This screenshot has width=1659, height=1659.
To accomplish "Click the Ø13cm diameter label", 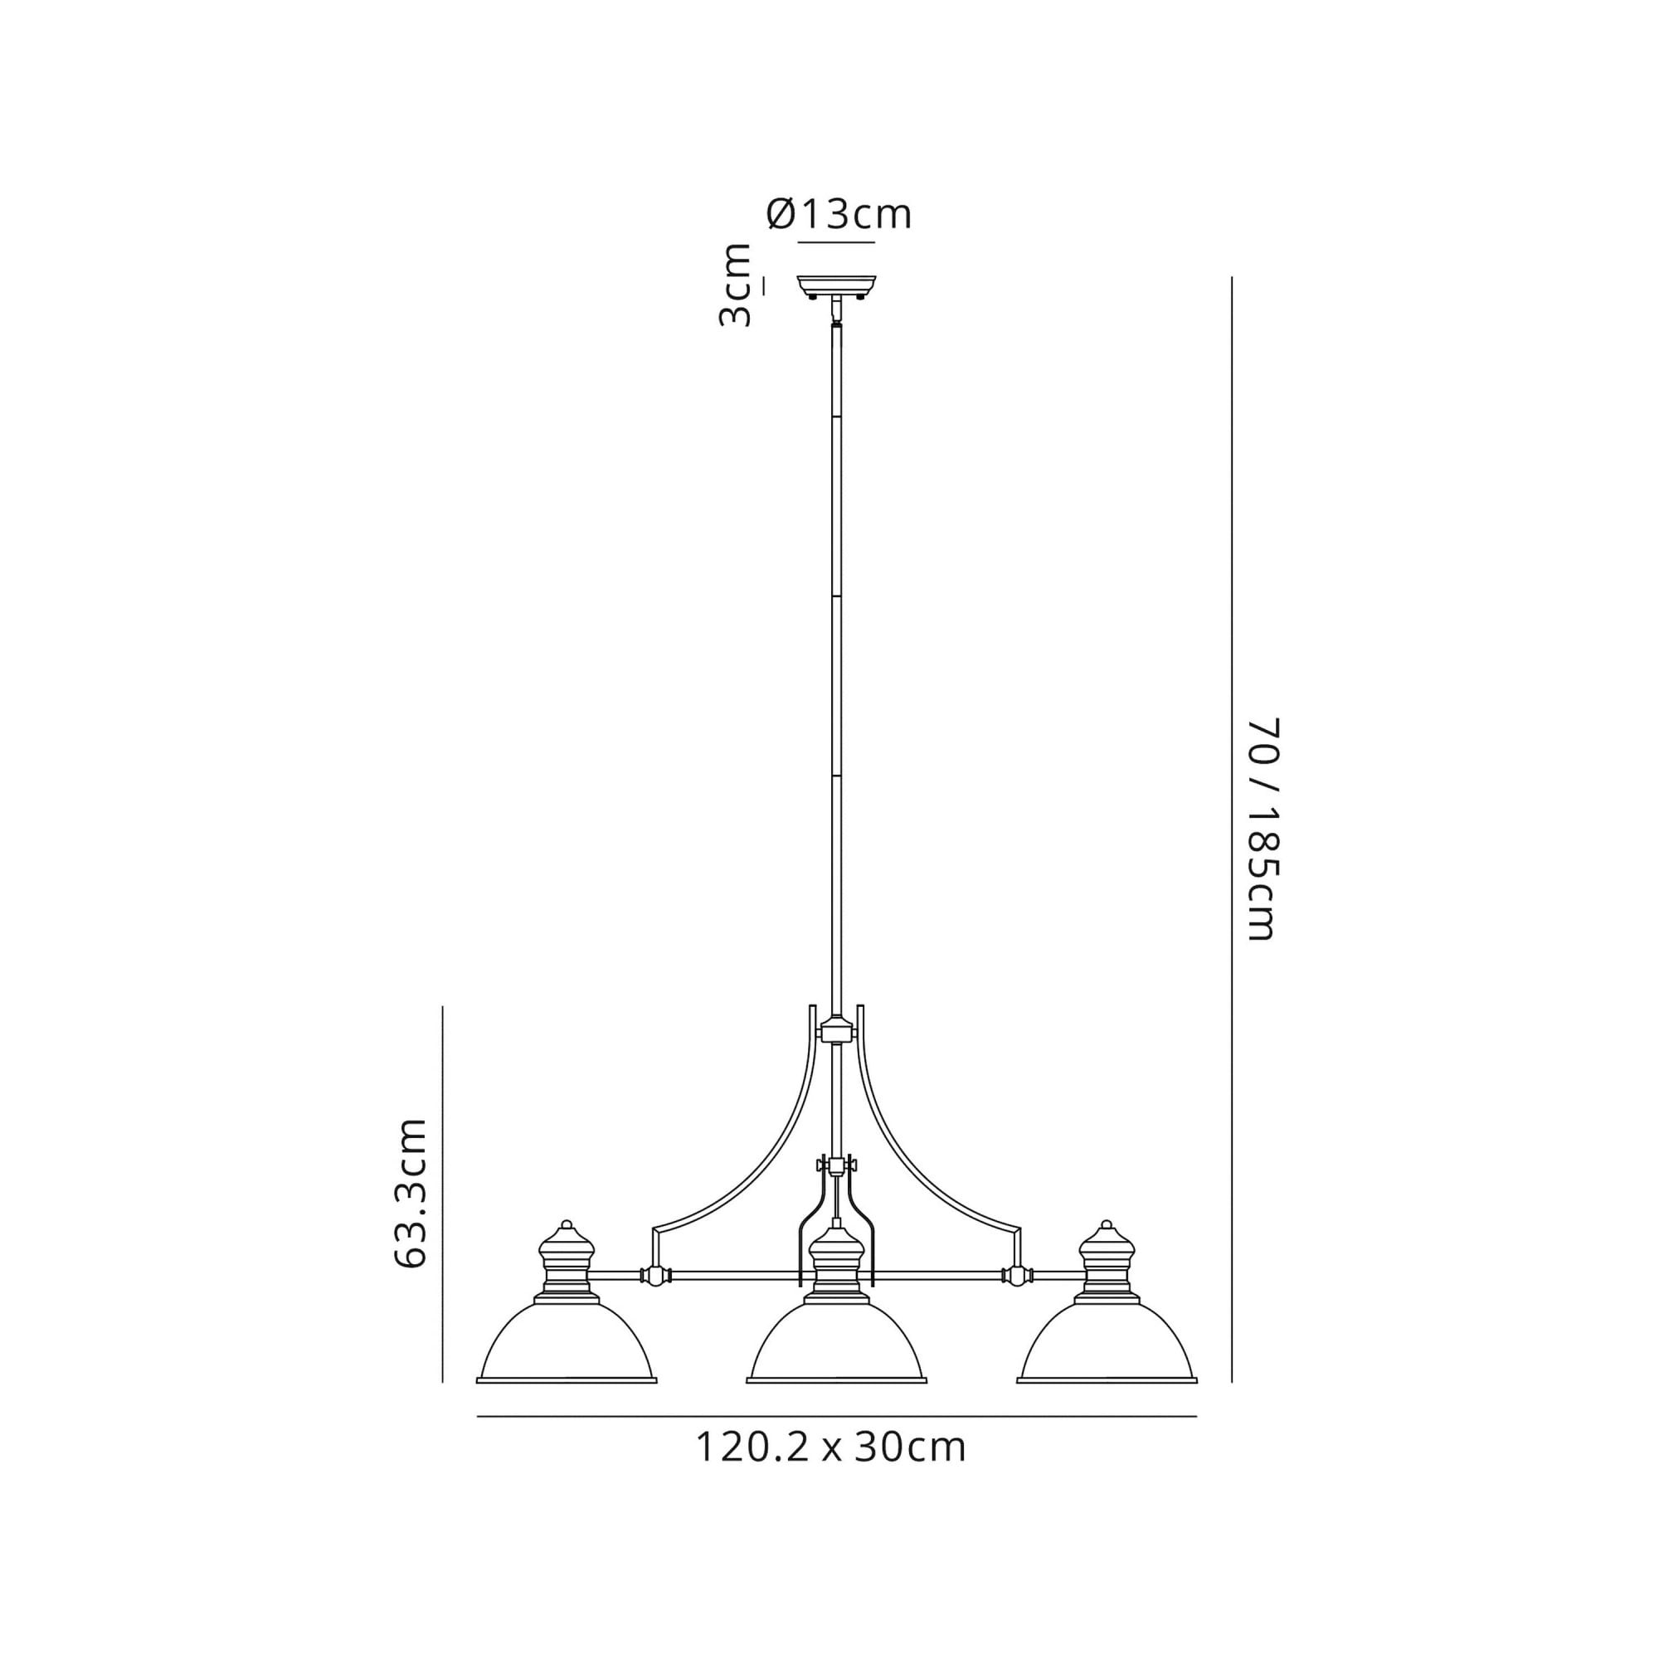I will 838,215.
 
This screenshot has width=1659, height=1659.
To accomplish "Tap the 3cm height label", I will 735,285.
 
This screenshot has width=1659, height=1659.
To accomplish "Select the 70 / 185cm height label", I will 1263,829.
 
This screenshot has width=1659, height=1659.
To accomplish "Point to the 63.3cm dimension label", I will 411,1194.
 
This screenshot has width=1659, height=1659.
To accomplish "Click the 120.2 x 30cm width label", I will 829,1447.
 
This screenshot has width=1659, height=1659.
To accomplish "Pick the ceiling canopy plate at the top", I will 836,284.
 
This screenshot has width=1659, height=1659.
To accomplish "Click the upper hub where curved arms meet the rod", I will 836,1029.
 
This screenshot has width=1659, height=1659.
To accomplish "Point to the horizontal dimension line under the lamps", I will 836,1416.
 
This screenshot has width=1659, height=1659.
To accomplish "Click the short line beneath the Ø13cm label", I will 836,243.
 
